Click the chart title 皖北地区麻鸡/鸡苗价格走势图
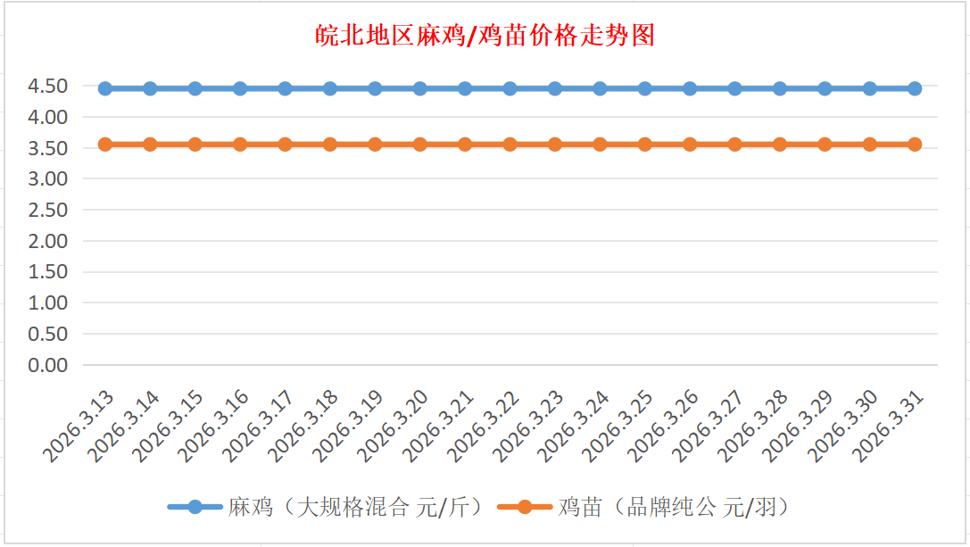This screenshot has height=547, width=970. (485, 36)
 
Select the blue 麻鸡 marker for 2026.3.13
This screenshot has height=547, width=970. (105, 88)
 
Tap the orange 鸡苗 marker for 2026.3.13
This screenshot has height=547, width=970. (105, 145)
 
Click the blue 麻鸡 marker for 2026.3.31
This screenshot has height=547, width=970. (915, 88)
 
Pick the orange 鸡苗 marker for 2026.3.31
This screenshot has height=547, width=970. (915, 145)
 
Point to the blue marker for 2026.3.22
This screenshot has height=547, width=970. (510, 88)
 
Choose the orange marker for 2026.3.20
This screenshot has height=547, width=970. (420, 145)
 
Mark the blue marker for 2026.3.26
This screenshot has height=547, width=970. (690, 88)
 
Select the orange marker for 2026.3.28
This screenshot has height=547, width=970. (780, 145)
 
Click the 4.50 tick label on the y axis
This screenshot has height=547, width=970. (48, 87)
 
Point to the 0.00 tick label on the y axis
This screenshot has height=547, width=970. (48, 365)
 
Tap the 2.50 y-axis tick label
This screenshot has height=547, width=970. (48, 210)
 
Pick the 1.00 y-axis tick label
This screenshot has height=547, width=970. (48, 303)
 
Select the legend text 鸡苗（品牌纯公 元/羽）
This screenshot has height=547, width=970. (674, 508)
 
